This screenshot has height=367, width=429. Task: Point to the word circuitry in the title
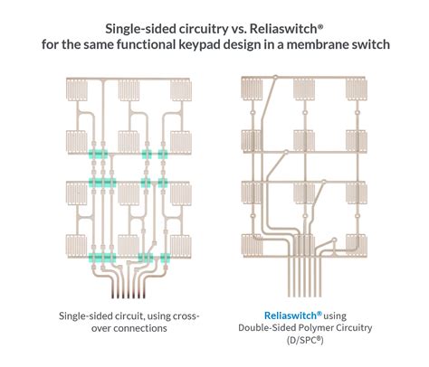tap(204, 29)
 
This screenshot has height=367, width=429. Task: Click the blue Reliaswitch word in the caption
tap(291, 315)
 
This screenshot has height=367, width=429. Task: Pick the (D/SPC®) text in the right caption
tap(305, 340)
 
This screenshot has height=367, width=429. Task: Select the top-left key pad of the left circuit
tap(77, 90)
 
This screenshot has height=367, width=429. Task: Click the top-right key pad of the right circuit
tap(357, 89)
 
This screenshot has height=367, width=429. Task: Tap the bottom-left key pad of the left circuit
tap(77, 246)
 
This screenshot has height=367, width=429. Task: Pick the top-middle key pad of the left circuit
tap(129, 90)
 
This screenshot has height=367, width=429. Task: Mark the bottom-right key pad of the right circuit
tap(357, 245)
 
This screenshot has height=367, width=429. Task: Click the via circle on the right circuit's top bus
tap(275, 78)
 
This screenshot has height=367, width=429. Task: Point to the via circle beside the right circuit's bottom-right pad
tap(334, 240)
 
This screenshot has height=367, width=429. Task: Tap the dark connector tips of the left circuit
tap(129, 294)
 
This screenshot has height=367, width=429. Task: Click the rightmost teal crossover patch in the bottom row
tap(166, 258)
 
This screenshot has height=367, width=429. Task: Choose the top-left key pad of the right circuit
tap(252, 89)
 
